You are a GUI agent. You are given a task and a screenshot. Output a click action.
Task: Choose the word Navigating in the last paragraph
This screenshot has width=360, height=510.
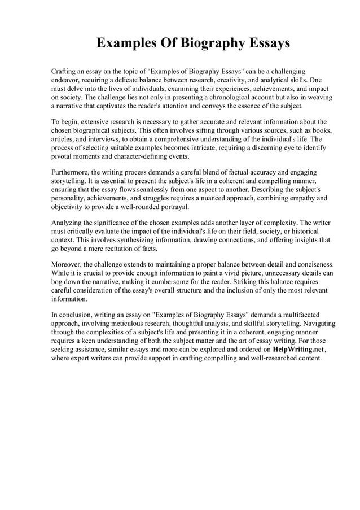coord(317,324)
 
